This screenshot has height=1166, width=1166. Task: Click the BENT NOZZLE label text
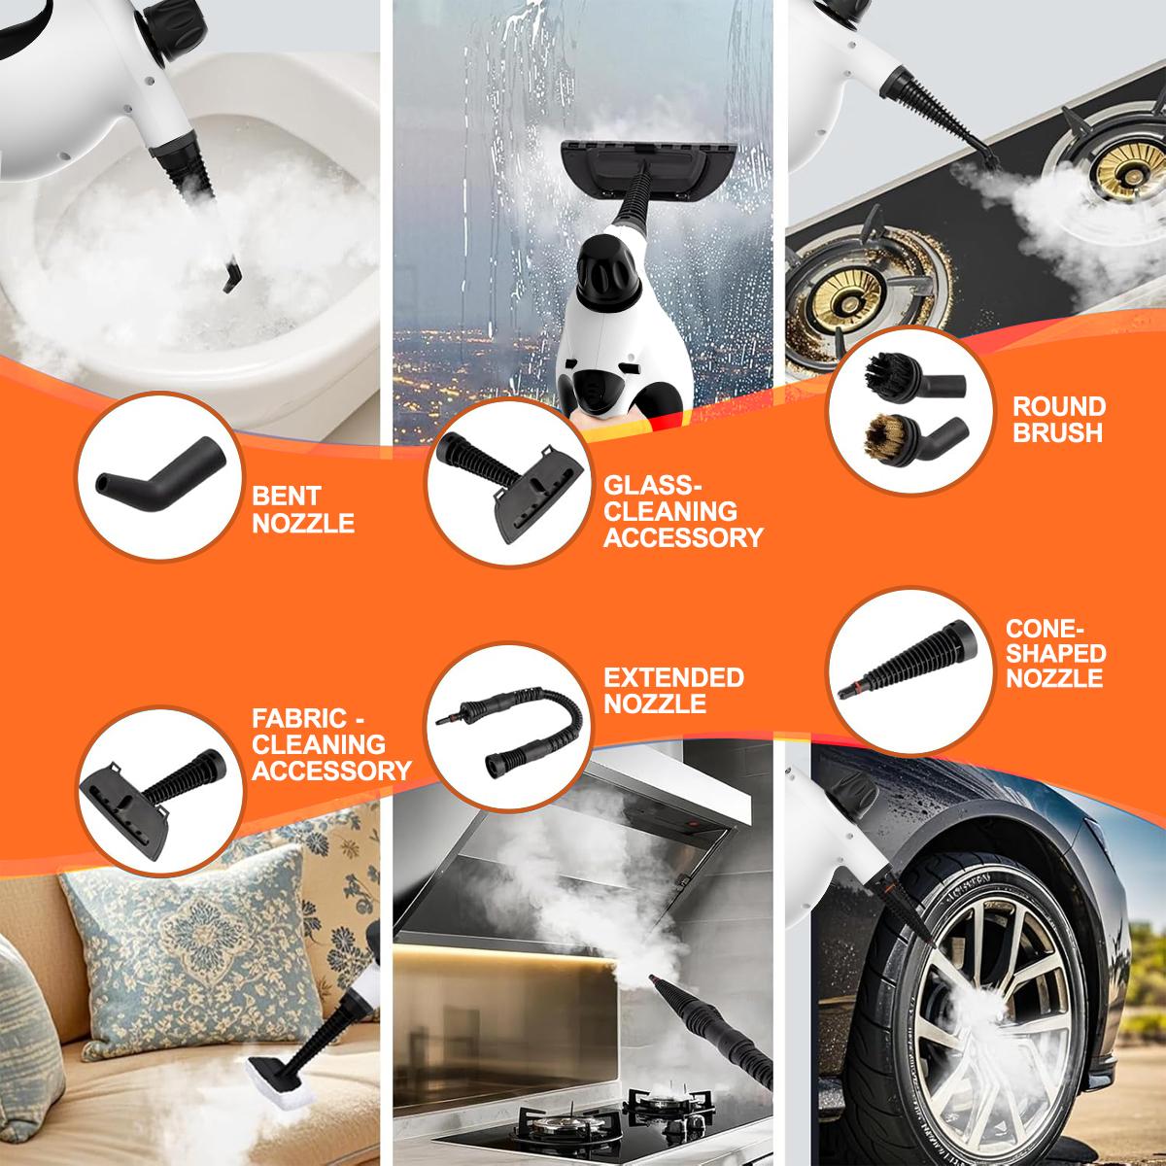pos(302,510)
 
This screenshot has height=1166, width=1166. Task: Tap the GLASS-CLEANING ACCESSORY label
pos(682,511)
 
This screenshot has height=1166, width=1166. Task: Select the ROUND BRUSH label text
pos(1058,420)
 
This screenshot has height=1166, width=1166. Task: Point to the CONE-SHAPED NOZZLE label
pos(1055,654)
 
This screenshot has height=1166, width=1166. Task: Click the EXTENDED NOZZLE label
pos(672,690)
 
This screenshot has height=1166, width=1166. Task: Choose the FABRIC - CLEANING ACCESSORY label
pos(331,745)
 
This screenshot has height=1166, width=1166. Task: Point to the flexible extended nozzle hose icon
pos(508,721)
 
